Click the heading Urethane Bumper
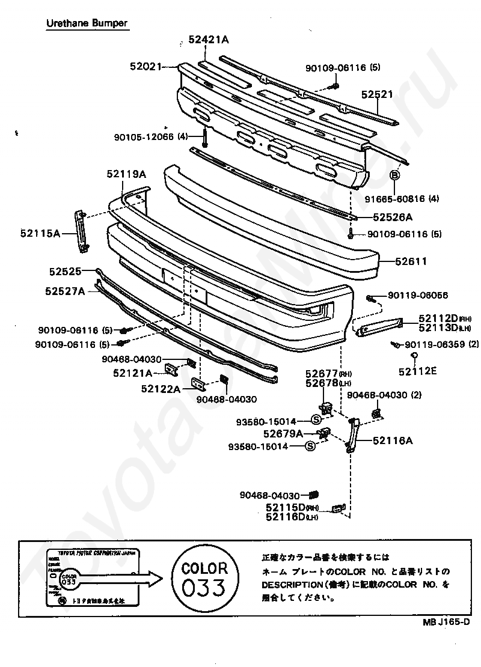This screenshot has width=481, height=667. pos(87,23)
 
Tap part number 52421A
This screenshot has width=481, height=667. pos(209,40)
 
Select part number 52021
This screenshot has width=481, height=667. pos(146,67)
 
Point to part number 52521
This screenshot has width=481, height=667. pos(377,94)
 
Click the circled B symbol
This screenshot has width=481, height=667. pos(395,175)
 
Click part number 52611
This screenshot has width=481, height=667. pos(411,261)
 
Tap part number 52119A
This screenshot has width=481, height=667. pos(126,174)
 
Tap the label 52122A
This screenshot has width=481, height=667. pos(161,389)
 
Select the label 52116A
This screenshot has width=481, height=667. pos(393,440)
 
